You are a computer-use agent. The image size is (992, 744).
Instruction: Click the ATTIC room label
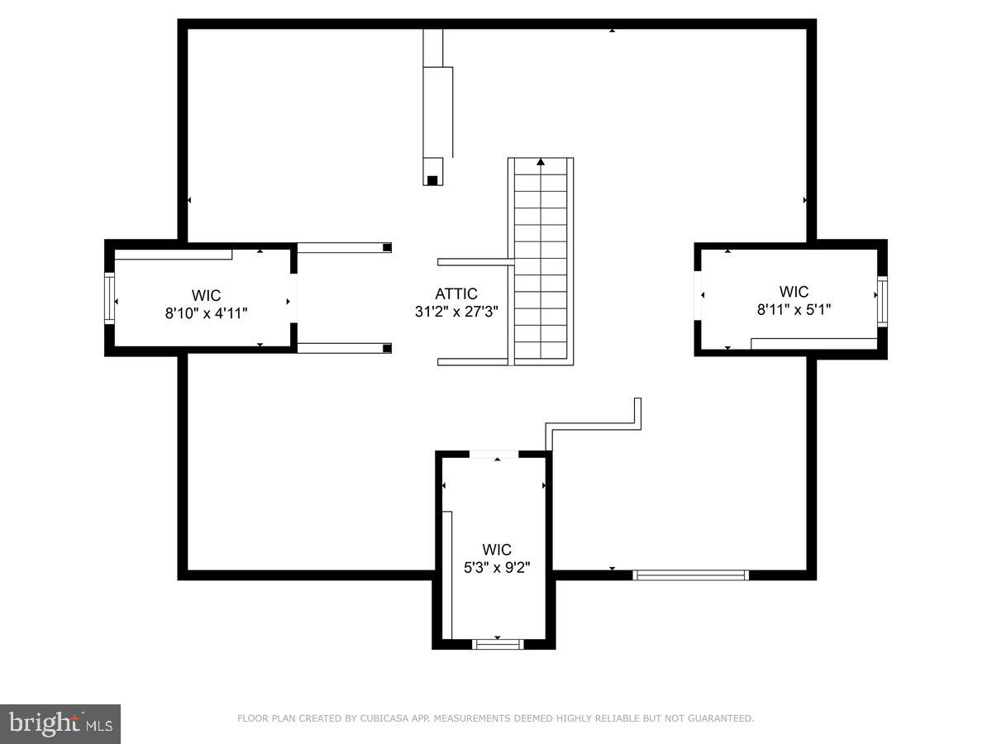tap(456, 294)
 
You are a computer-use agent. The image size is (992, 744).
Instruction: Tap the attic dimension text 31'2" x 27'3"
tap(456, 312)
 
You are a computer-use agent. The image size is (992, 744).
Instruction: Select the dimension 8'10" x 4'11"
tap(207, 313)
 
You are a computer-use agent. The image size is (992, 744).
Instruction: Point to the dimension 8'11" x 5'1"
tap(794, 309)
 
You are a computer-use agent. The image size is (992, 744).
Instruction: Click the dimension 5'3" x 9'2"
tap(497, 567)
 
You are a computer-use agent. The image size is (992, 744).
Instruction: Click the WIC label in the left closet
tap(207, 295)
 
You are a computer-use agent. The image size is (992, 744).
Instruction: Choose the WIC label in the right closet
tap(794, 291)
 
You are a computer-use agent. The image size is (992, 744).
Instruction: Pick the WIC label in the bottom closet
tap(497, 550)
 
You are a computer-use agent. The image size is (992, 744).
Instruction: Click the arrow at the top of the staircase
tap(541, 162)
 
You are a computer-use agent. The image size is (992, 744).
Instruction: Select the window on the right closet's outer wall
tap(882, 302)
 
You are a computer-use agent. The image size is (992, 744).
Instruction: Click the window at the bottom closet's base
tap(498, 644)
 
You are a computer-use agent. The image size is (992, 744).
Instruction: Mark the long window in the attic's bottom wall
tap(690, 575)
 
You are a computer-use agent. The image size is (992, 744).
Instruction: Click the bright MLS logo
tap(60, 723)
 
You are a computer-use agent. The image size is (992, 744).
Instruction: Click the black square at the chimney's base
tap(432, 179)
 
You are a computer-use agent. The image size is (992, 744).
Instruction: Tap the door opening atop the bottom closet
tap(494, 454)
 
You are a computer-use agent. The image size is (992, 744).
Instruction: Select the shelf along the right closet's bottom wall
tap(813, 343)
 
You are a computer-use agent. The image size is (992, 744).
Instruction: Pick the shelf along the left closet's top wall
tap(174, 255)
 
